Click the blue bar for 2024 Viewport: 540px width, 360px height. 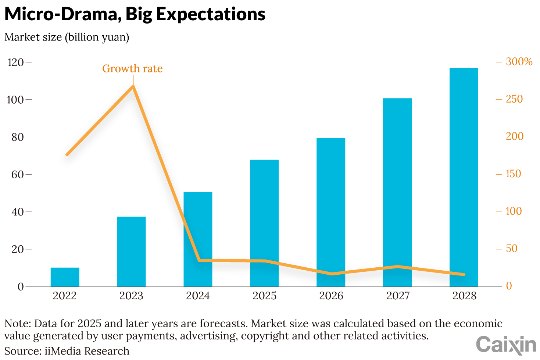tap(198, 239)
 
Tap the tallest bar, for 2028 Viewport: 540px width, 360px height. tap(464, 177)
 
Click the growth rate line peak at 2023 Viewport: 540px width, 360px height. tap(133, 86)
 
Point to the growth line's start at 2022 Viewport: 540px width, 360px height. tap(67, 154)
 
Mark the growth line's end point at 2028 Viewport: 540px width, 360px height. tap(464, 274)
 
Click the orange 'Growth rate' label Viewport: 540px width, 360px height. tap(132, 69)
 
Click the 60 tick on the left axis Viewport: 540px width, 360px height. tap(17, 174)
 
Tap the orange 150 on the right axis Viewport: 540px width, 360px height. tap(513, 174)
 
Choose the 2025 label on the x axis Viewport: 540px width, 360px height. tap(264, 296)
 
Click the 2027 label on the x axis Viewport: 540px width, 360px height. tap(398, 296)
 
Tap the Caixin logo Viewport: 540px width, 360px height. tap(506, 345)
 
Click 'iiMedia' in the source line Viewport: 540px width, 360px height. tap(61, 351)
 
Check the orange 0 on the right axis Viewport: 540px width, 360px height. tap(509, 286)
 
